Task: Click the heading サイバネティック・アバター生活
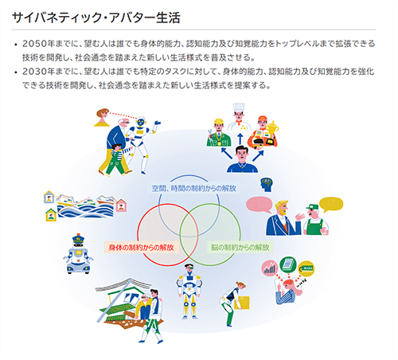tap(96, 18)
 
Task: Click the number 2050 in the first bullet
tap(34, 44)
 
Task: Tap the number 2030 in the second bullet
tap(34, 72)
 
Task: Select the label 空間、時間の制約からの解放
tap(193, 188)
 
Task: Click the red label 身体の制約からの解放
tap(141, 248)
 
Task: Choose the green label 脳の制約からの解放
tap(240, 248)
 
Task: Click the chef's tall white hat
tap(239, 108)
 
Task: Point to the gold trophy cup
tap(272, 129)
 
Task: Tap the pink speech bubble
tap(259, 205)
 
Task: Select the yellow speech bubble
tap(331, 205)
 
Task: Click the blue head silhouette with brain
tap(267, 185)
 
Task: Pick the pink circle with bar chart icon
tap(270, 268)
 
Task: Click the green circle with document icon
tap(288, 264)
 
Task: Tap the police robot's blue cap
tap(78, 238)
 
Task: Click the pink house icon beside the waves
tap(121, 205)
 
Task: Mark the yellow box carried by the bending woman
tap(243, 303)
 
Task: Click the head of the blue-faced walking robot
tap(141, 122)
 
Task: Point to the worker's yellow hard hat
tap(219, 122)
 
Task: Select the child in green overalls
tap(116, 160)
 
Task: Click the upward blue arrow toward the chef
tap(240, 139)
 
